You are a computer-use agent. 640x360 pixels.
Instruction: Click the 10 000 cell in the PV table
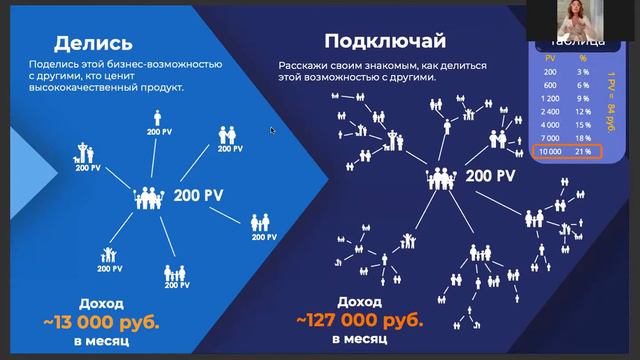(x=550, y=152)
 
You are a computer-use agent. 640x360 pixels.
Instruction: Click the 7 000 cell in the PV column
(x=550, y=136)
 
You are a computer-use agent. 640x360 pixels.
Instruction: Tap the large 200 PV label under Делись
(x=200, y=194)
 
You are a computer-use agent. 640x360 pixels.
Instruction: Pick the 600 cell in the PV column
(x=550, y=86)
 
